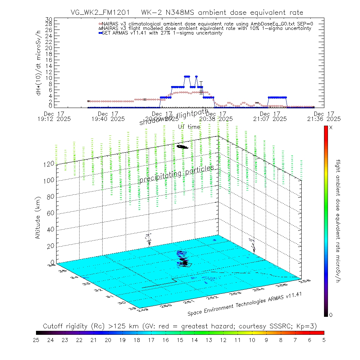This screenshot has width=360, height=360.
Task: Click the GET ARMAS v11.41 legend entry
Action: pos(162,33)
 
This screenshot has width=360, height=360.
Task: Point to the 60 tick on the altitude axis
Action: pos(51,213)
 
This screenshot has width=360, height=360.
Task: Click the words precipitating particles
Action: pos(176,174)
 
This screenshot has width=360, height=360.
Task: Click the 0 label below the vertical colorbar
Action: pos(331,315)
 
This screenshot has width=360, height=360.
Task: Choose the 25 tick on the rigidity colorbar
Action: pos(36,339)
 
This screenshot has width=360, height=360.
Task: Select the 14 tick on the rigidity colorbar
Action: pos(194,339)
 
